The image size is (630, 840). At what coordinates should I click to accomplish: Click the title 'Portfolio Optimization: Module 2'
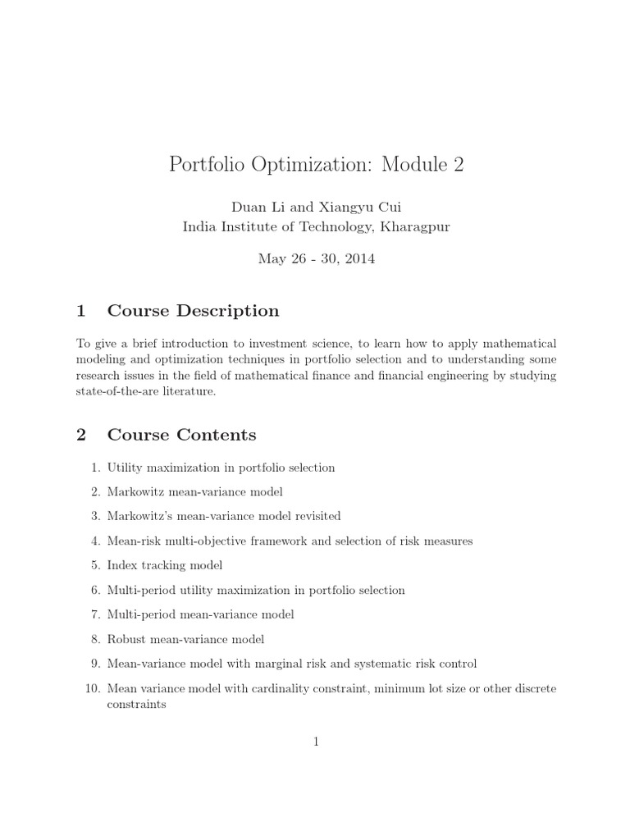coord(316,165)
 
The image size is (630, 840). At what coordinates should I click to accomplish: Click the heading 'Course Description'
coord(193,311)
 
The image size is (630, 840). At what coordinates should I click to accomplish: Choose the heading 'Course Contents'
coord(181,435)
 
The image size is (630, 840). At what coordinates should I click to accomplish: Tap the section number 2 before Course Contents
coord(81,435)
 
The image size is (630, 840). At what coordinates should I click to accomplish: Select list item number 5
coord(95,565)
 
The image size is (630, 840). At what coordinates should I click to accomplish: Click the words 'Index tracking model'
coord(165,565)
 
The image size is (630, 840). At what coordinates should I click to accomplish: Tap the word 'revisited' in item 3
coord(314,516)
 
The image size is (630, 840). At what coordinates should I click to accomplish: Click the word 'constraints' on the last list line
coord(137,704)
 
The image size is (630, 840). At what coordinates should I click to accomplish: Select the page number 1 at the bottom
coord(316,742)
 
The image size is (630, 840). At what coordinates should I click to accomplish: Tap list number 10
coord(92,688)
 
